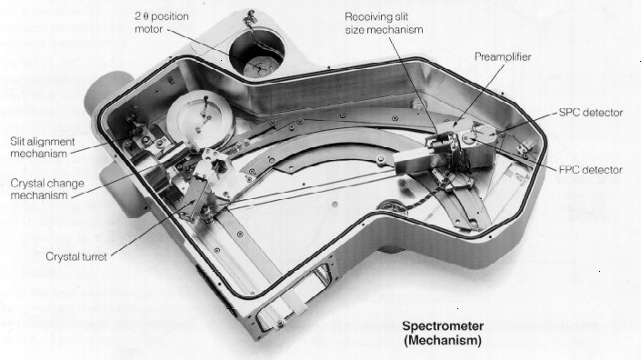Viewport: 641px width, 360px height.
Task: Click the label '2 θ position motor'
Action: (x=162, y=23)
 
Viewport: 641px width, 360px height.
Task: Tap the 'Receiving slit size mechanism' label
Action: (x=384, y=23)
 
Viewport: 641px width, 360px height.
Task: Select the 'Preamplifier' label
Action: (x=503, y=56)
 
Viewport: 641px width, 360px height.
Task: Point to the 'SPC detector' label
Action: (x=591, y=113)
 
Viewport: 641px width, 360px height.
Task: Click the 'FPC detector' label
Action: (x=591, y=169)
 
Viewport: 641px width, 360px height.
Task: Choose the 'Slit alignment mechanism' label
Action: (x=43, y=147)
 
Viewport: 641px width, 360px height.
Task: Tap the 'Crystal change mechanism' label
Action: (x=47, y=189)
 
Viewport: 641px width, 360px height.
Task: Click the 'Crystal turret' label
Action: (x=76, y=256)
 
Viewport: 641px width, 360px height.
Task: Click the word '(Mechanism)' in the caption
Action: (x=443, y=340)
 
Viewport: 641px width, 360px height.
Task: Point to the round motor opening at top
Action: (x=256, y=52)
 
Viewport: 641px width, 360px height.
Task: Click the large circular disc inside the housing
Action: (x=200, y=119)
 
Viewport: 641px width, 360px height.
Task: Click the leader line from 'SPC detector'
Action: (x=525, y=123)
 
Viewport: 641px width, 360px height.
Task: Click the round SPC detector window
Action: (x=485, y=133)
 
